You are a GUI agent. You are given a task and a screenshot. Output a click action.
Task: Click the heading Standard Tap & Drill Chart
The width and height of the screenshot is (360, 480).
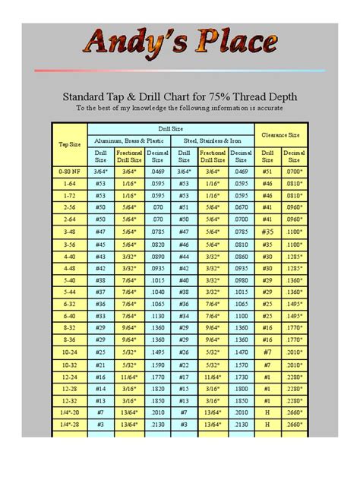[x=180, y=96]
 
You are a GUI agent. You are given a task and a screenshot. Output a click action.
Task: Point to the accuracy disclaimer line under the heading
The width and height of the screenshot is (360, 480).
[x=180, y=108]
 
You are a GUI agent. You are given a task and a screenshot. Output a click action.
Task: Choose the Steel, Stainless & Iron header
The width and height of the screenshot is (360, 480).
[x=213, y=141]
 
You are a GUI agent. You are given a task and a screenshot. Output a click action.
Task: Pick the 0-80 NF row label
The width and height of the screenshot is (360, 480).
[x=70, y=172]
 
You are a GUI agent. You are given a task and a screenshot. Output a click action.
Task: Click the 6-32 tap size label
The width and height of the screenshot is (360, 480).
[x=70, y=304]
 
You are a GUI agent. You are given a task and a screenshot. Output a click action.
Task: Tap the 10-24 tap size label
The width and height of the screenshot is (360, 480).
[x=70, y=352]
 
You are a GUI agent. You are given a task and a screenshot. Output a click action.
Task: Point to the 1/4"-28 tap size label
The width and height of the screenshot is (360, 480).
[x=70, y=427]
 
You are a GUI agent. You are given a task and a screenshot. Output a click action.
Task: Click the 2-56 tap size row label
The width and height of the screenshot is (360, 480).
[x=70, y=205]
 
